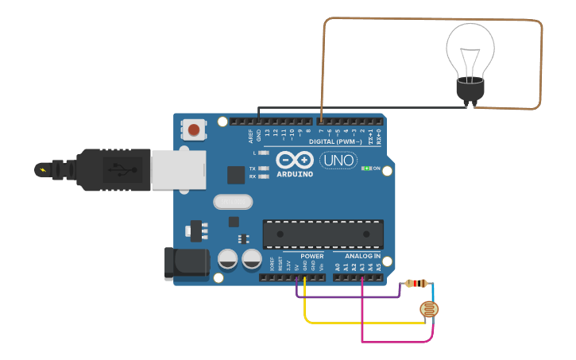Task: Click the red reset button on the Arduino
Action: [x=193, y=129]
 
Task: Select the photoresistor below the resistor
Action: [x=431, y=310]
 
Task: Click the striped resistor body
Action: [x=416, y=283]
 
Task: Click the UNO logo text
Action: [x=338, y=161]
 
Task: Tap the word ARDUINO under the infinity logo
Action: [x=295, y=174]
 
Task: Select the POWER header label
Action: [x=311, y=257]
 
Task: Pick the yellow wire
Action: [x=358, y=323]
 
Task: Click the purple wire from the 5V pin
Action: [x=350, y=297]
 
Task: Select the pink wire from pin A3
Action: [x=397, y=342]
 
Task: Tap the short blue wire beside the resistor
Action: [x=433, y=292]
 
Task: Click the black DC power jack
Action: [x=186, y=264]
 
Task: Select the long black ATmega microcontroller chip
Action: [x=323, y=234]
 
